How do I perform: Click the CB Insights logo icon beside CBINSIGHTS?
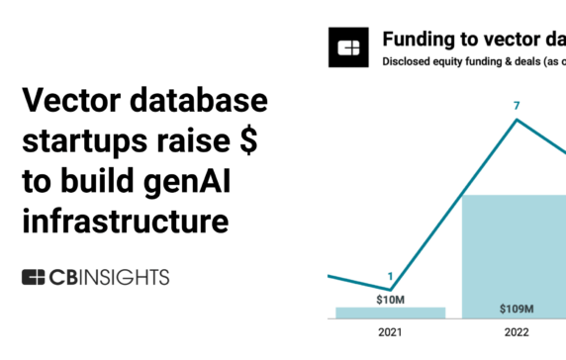(x=36, y=276)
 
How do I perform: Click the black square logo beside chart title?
(x=351, y=47)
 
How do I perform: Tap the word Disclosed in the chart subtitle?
(x=408, y=62)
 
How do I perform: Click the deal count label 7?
(x=516, y=105)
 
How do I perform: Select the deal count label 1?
(x=390, y=276)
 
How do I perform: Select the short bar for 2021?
(x=390, y=313)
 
